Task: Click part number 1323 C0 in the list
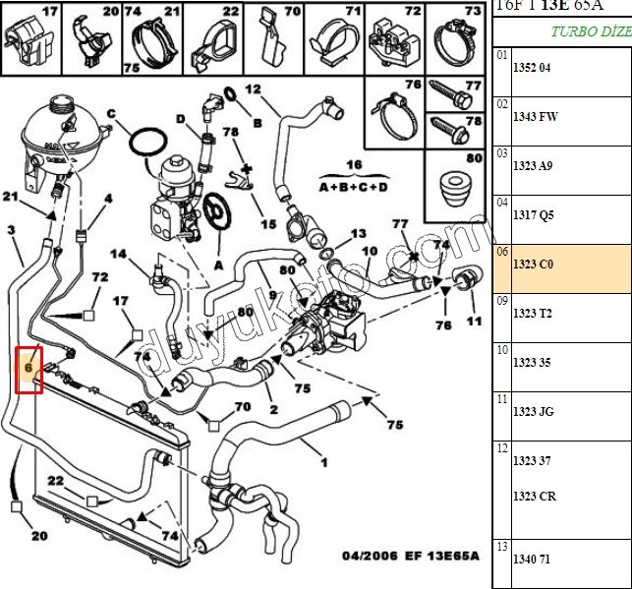(x=534, y=264)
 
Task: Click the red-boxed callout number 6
(x=29, y=369)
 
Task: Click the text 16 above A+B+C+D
(x=354, y=164)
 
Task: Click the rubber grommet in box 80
(x=453, y=186)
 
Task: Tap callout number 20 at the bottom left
(x=38, y=536)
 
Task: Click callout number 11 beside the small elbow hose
(x=474, y=322)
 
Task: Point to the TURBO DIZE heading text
(x=590, y=31)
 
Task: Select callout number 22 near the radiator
(x=56, y=481)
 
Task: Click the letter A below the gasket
(x=218, y=265)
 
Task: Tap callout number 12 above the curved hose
(x=253, y=89)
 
